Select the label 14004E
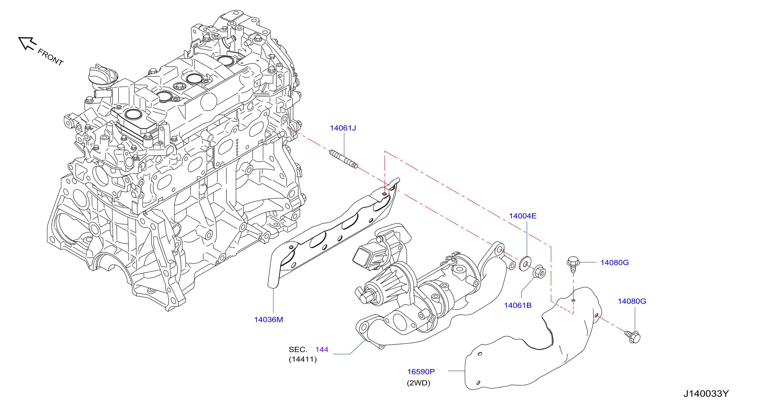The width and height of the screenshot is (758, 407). [523, 216]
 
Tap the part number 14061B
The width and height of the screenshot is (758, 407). [518, 305]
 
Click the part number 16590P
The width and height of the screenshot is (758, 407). [421, 372]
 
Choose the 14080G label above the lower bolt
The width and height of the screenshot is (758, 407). [632, 301]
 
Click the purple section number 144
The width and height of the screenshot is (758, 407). [322, 349]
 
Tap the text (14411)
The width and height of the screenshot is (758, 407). [303, 359]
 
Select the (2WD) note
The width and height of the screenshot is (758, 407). [419, 383]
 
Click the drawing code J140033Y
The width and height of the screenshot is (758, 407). [706, 394]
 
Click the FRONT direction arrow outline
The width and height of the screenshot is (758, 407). [27, 43]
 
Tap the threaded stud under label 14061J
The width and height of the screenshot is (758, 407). [343, 159]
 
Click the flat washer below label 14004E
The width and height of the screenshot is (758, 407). [525, 264]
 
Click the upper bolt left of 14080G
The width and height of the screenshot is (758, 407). [573, 264]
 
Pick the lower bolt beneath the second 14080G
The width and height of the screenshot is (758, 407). [633, 337]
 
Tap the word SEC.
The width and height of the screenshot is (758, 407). [298, 349]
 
